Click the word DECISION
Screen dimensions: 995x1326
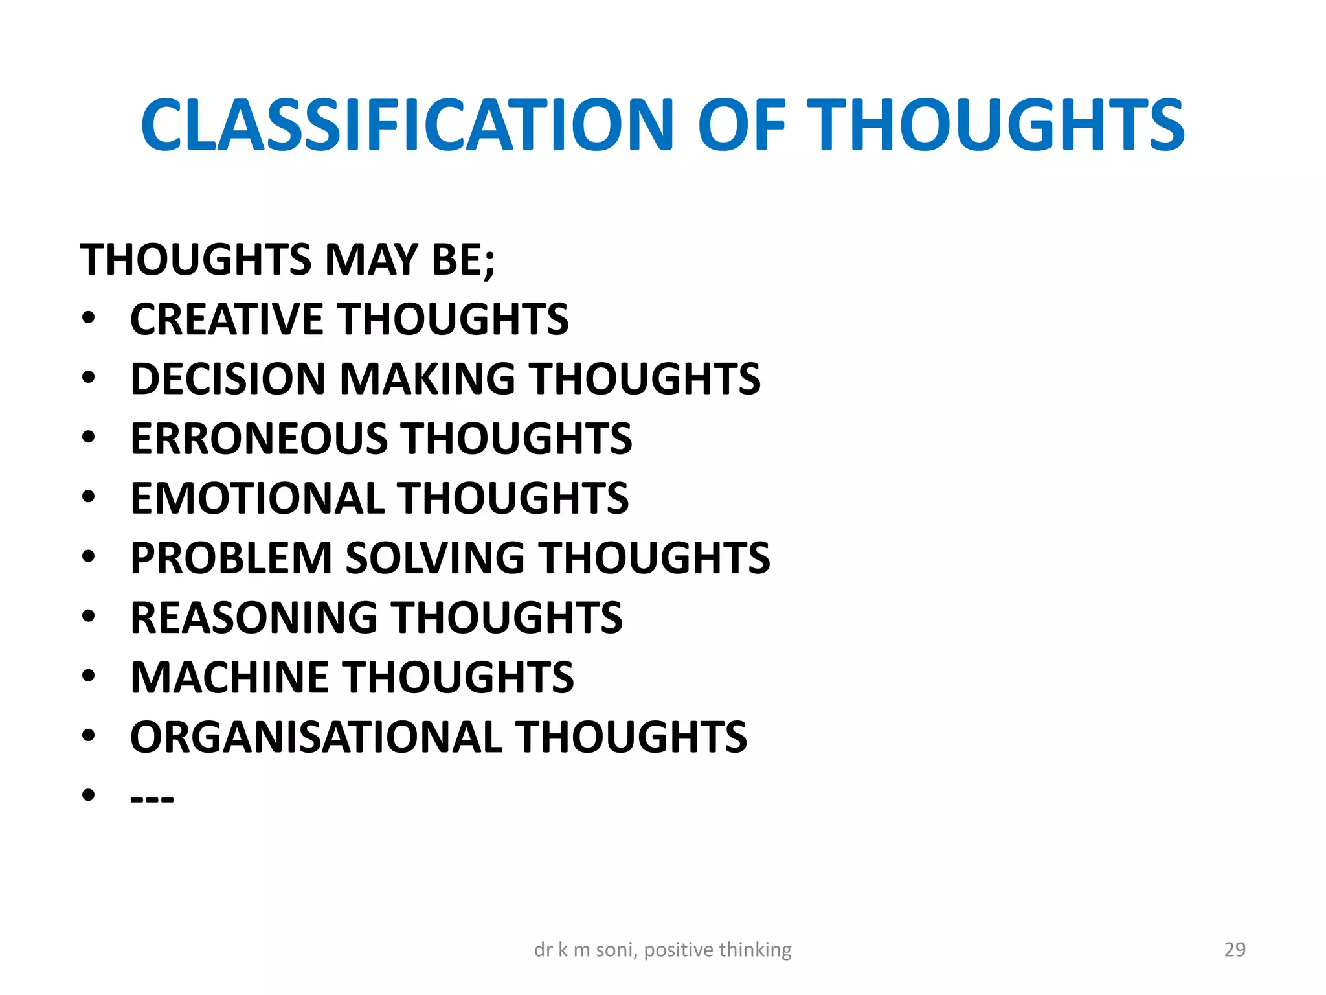(x=227, y=379)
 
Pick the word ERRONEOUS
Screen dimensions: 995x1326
(x=258, y=439)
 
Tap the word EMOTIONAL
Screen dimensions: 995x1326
(x=257, y=498)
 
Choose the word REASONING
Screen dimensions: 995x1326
(x=253, y=617)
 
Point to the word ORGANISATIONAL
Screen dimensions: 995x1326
(x=316, y=737)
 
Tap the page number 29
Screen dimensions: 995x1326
(x=1235, y=950)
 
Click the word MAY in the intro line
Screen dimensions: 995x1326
(x=372, y=260)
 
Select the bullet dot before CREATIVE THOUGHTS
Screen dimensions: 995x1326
(x=89, y=318)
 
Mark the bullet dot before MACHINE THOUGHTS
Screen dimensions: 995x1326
(x=89, y=676)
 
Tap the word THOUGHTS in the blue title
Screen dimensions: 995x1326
(x=998, y=125)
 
